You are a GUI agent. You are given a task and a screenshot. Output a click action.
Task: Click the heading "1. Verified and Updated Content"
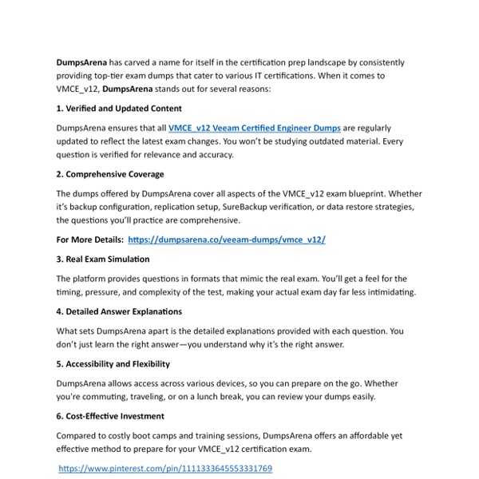[119, 108]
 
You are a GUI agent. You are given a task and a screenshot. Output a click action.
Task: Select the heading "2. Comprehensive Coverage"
[110, 174]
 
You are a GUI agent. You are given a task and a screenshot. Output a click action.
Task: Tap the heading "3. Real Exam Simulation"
[103, 259]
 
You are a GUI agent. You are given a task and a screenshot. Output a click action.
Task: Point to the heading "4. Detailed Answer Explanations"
[119, 311]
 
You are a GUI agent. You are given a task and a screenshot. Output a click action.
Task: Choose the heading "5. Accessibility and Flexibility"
[113, 363]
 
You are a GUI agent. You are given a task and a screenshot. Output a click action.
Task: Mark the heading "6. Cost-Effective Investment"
[110, 416]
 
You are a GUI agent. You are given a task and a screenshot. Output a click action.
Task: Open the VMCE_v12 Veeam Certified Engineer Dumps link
[255, 128]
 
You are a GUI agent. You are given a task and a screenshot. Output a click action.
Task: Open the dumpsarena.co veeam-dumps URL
[226, 239]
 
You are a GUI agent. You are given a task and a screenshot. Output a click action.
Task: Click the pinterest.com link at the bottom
[165, 469]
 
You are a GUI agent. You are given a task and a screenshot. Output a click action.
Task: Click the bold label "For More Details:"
[90, 239]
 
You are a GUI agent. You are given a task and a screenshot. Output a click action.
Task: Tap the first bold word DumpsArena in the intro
[81, 62]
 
